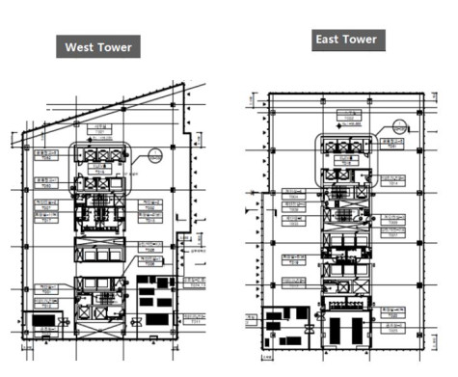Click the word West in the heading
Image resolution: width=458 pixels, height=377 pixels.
click(81, 47)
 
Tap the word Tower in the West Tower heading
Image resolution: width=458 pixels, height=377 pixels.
click(117, 47)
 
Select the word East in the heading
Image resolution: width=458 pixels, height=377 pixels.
click(330, 40)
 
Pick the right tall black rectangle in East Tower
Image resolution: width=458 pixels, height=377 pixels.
click(358, 331)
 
